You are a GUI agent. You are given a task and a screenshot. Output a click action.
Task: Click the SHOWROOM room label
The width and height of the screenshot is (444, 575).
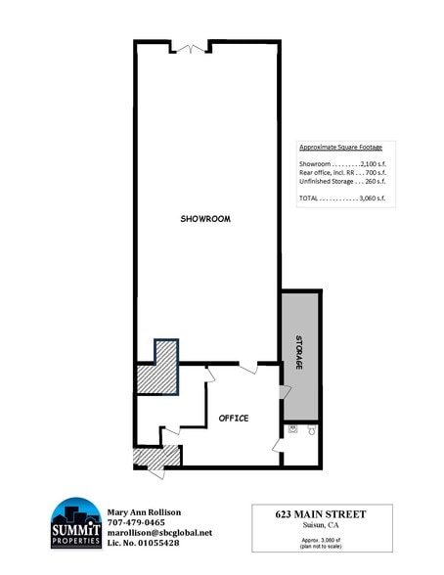205,219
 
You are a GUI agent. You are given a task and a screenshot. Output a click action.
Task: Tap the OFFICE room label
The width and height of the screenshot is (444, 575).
233,418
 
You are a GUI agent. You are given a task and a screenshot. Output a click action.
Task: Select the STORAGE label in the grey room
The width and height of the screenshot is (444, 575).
300,353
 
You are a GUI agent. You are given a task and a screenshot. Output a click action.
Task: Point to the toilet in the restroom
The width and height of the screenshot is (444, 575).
311,429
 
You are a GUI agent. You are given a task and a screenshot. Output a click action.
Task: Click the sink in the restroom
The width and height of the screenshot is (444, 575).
289,428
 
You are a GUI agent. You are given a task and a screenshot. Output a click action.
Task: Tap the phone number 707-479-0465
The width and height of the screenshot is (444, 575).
137,523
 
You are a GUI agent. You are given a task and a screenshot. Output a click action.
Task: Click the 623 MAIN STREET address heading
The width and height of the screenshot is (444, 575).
323,514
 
